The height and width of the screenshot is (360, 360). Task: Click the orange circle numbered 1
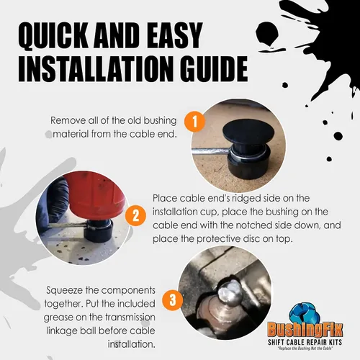195,121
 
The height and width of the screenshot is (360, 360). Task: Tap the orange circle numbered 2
135,215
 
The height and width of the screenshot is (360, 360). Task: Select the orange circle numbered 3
173,300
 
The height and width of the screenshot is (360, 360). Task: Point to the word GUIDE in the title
214,68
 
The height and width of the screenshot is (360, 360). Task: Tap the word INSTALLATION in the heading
96,68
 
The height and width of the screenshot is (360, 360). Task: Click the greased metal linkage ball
230,293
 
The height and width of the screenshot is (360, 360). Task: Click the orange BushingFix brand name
305,330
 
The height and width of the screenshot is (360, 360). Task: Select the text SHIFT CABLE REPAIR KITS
305,342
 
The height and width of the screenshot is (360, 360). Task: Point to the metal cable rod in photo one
210,150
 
